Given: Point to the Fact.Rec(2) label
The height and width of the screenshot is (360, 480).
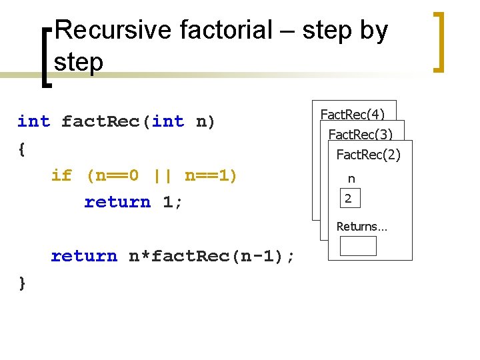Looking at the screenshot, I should click(368, 155).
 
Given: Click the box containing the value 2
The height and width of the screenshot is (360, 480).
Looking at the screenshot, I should click(349, 198).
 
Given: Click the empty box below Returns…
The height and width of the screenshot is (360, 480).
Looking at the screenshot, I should click(358, 246).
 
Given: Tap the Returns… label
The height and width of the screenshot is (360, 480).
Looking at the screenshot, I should click(362, 227).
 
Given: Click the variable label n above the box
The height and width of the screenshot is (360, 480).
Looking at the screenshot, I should click(351, 179).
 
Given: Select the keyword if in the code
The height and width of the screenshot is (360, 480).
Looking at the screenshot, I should click(61, 175).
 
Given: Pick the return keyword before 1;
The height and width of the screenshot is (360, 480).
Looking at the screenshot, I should click(117, 202).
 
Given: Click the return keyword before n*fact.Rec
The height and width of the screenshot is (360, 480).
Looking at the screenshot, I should click(84, 256).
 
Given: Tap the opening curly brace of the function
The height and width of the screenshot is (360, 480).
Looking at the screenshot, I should click(22, 149).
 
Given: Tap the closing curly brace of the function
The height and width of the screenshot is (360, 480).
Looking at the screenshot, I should click(22, 283).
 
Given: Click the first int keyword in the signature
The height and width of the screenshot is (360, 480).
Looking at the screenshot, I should click(33, 121).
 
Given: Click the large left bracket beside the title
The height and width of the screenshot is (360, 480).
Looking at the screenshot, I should click(46, 57).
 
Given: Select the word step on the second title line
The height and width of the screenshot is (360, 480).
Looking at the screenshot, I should click(79, 62).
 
